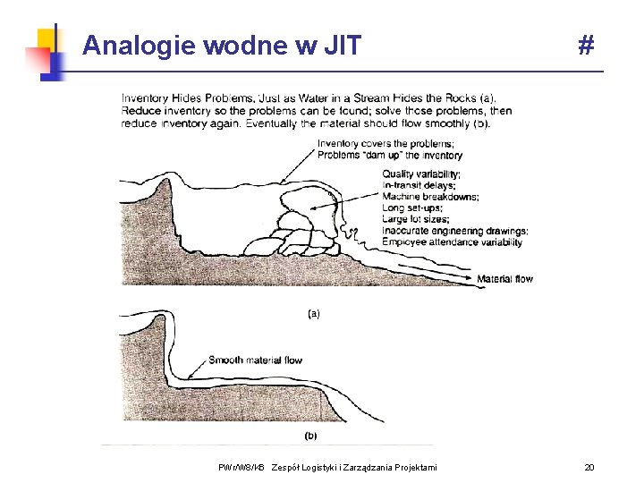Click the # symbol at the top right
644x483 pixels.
tap(586, 45)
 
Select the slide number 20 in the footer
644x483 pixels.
tap(589, 468)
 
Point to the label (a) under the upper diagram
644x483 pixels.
tap(314, 314)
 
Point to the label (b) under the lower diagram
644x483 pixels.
tap(310, 436)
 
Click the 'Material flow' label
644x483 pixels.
tap(504, 279)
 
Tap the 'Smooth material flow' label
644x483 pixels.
tap(255, 360)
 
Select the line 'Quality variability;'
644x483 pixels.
tap(421, 174)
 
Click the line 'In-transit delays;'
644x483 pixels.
tap(419, 185)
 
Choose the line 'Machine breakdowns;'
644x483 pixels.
tap(429, 197)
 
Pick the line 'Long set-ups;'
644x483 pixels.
tap(411, 208)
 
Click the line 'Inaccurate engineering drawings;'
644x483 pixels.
tap(454, 231)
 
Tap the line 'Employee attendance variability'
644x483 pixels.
tap(453, 241)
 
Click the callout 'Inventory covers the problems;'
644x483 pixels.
tap(386, 144)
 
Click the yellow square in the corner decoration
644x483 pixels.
tap(46, 38)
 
